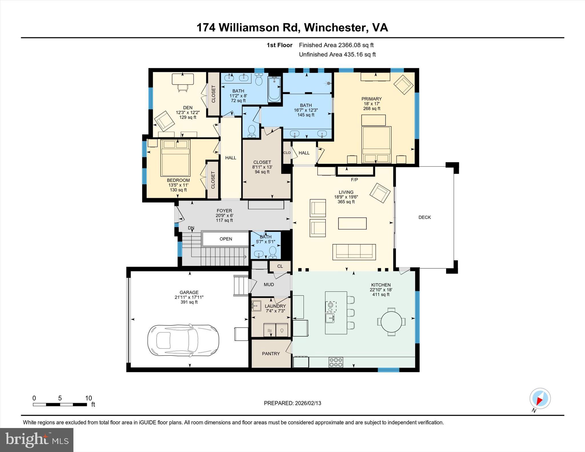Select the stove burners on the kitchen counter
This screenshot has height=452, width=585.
(x=336, y=362)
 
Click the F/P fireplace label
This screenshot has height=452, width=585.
(x=354, y=180)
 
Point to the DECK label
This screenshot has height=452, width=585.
(x=424, y=217)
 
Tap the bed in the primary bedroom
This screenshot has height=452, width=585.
(x=376, y=144)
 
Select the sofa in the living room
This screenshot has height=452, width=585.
(x=354, y=252)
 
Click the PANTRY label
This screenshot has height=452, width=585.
(x=271, y=353)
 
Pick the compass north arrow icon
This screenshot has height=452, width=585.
(x=540, y=399)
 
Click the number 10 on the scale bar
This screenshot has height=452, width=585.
(x=88, y=398)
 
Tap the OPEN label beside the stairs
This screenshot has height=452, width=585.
(x=226, y=239)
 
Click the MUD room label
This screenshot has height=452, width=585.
(x=269, y=284)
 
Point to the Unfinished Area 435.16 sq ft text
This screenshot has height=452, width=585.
(x=337, y=55)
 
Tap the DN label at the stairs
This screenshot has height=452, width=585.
(x=191, y=228)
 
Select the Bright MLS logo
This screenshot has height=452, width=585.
(x=37, y=440)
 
